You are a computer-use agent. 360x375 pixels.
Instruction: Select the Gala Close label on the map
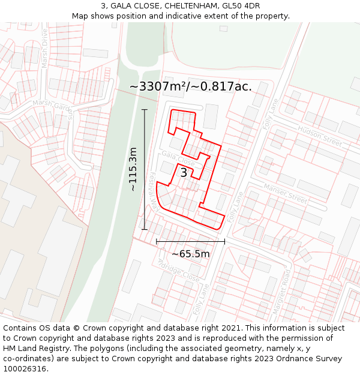178,159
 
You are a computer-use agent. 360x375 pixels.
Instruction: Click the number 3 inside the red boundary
184,173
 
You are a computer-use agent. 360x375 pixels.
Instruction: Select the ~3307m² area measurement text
157,86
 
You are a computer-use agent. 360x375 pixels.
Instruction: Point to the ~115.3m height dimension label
133,169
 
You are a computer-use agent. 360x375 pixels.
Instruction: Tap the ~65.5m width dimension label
191,254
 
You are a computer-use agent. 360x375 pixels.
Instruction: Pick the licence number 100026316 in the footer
25,368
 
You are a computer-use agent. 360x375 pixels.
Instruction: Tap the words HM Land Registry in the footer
32,348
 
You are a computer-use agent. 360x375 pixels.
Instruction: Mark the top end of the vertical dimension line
145,109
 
